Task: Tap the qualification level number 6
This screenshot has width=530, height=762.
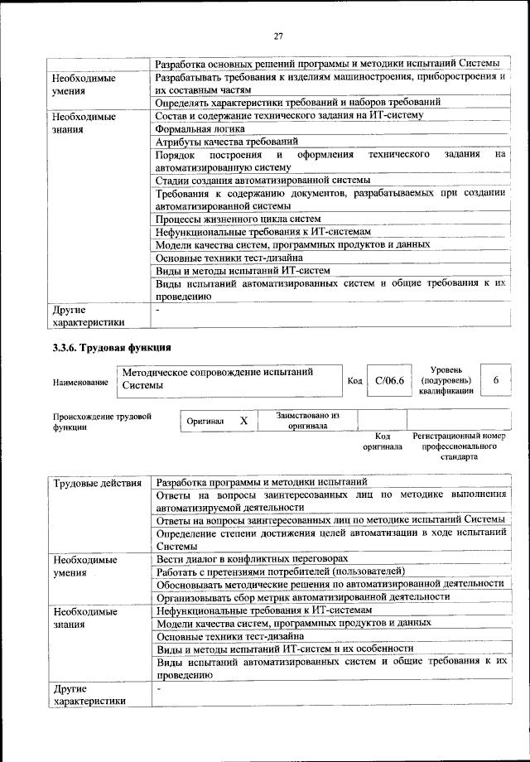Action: click(495, 380)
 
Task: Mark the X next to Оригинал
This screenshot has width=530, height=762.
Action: click(243, 421)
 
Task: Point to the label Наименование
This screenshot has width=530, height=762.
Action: click(80, 383)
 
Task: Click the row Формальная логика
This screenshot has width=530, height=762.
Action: click(200, 129)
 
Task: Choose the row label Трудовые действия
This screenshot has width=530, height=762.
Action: click(99, 482)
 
